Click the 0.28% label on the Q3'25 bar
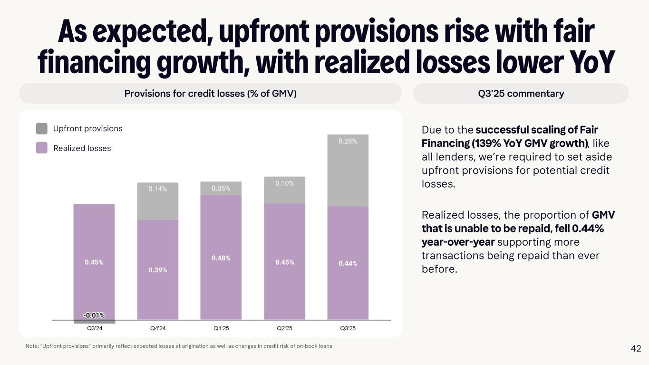pyautogui.click(x=348, y=141)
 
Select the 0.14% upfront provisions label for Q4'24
pyautogui.click(x=157, y=189)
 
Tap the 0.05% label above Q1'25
pyautogui.click(x=221, y=188)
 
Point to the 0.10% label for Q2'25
pyautogui.click(x=284, y=183)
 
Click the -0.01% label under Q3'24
pyautogui.click(x=94, y=315)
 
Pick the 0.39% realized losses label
pyautogui.click(x=157, y=270)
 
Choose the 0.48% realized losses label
pyautogui.click(x=221, y=258)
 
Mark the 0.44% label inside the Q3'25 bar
pyautogui.click(x=348, y=263)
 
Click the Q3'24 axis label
pyautogui.click(x=94, y=328)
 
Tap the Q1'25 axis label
pyautogui.click(x=221, y=328)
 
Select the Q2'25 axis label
pyautogui.click(x=284, y=328)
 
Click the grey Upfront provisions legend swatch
pyautogui.click(x=42, y=129)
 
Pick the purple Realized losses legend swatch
pyautogui.click(x=42, y=148)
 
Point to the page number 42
pyautogui.click(x=636, y=349)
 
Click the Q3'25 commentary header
pyautogui.click(x=521, y=94)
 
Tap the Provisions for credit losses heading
pyautogui.click(x=210, y=94)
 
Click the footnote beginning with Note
pyautogui.click(x=178, y=346)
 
